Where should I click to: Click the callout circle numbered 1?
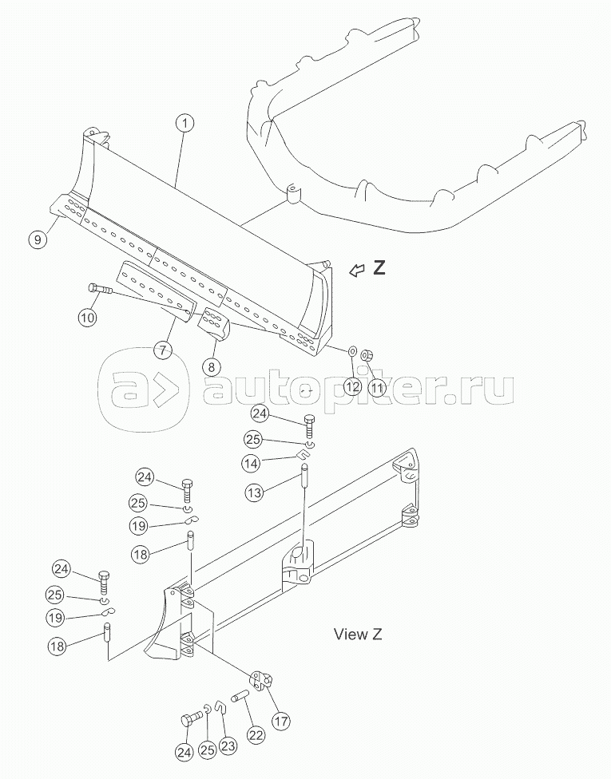point(185,122)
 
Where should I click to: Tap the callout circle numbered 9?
point(38,239)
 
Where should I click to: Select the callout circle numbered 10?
point(88,316)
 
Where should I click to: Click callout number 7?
point(163,349)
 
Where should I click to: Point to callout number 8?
point(212,366)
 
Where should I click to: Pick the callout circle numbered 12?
point(352,386)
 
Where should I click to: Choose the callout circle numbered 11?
point(377,387)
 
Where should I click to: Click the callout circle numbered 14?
point(252,464)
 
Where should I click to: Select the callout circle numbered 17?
point(282,721)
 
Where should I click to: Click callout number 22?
point(256,735)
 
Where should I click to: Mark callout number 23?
point(229,745)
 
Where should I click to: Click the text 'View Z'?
point(358,635)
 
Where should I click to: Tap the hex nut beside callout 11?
point(367,356)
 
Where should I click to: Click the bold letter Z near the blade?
point(379,268)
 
